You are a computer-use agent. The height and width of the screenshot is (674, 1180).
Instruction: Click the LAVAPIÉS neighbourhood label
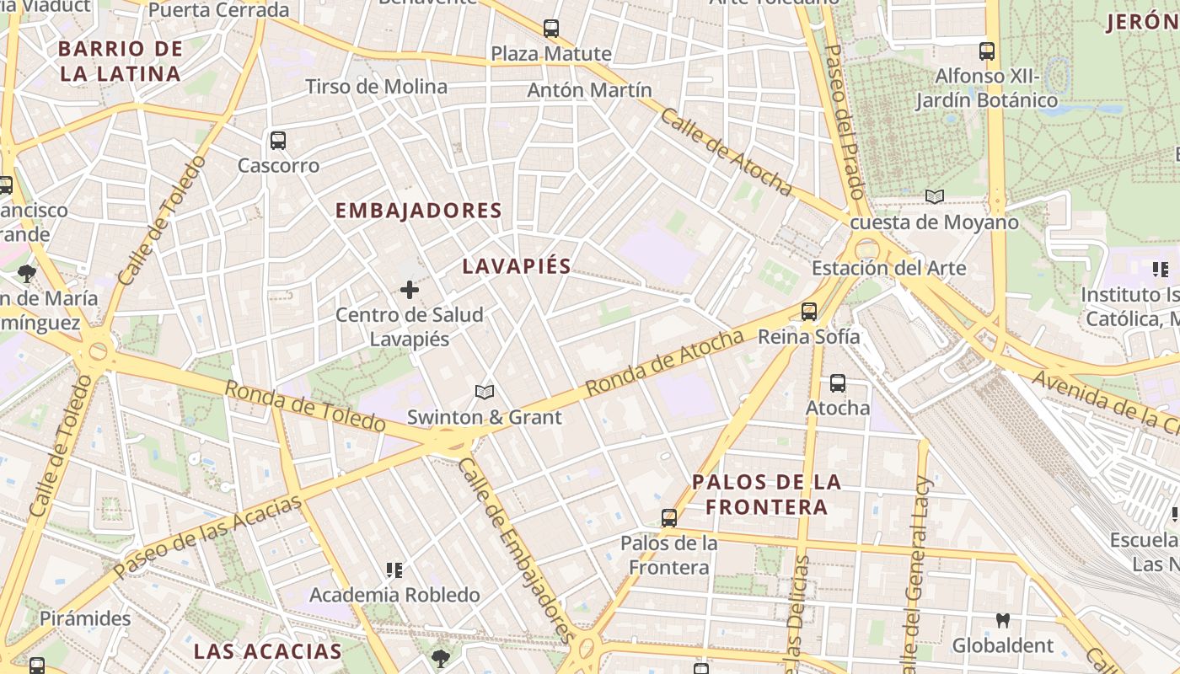click(x=517, y=266)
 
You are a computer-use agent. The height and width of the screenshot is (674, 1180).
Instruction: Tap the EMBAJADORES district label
click(x=419, y=211)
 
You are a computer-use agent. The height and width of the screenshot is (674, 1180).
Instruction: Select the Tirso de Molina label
click(x=376, y=87)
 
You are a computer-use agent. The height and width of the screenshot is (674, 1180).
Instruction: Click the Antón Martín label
click(x=589, y=90)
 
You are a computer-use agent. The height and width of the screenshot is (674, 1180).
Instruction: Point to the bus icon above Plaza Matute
click(x=551, y=29)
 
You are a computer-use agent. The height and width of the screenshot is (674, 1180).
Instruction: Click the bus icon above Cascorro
click(x=278, y=141)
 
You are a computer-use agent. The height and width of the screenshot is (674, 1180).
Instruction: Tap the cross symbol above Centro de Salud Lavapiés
click(x=410, y=291)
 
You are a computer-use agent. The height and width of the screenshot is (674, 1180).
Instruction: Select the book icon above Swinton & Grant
click(x=484, y=392)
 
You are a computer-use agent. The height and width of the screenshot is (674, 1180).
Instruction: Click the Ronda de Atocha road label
click(x=665, y=363)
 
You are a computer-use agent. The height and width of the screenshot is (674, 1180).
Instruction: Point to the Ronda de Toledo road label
click(x=304, y=406)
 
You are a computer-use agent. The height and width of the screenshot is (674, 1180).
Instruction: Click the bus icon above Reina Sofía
click(x=809, y=312)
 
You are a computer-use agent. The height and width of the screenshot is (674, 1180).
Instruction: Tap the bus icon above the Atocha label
click(x=838, y=383)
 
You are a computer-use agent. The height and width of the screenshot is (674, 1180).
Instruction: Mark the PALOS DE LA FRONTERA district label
click(x=766, y=495)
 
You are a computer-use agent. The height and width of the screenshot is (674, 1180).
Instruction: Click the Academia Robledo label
click(x=394, y=595)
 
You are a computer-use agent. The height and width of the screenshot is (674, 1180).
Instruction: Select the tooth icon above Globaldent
click(x=1003, y=621)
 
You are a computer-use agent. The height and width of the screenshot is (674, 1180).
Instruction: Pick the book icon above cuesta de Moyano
click(x=935, y=197)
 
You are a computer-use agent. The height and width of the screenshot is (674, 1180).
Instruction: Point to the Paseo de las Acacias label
click(x=207, y=537)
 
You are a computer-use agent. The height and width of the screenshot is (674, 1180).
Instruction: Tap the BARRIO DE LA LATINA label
click(x=121, y=61)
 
